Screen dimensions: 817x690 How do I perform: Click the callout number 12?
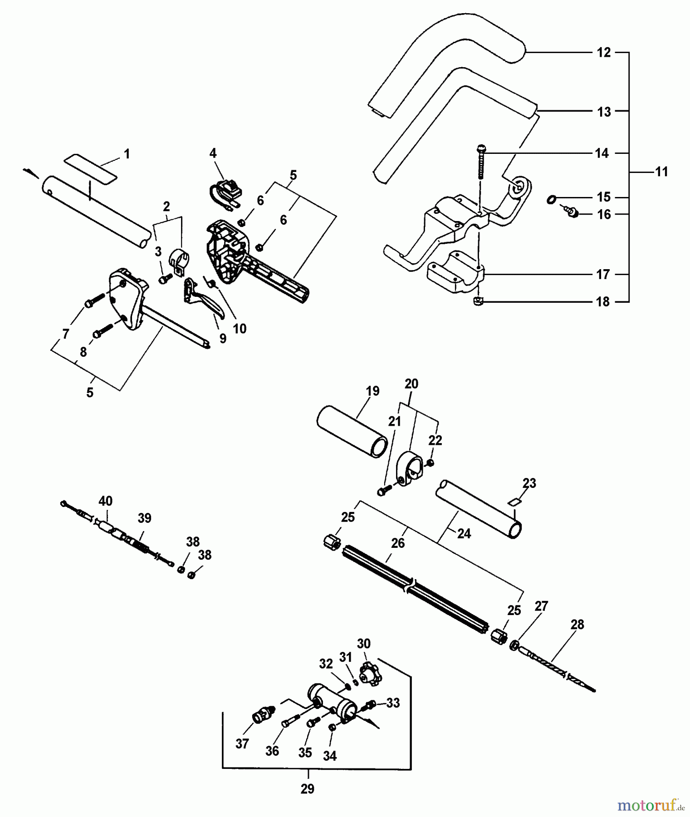[x=603, y=53]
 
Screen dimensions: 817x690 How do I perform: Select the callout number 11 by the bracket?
[x=661, y=172]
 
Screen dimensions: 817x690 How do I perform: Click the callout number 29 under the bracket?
[x=307, y=789]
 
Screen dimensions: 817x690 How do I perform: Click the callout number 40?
[x=106, y=501]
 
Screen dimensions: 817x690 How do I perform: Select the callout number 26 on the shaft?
[x=397, y=543]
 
